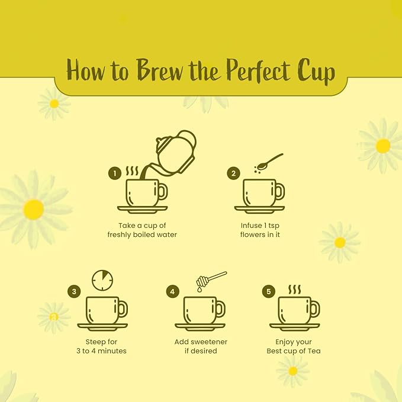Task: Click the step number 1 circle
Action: tap(115, 173)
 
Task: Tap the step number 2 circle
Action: tap(233, 173)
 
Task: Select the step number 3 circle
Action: tap(74, 291)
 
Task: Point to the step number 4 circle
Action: tap(172, 291)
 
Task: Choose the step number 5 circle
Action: tap(269, 291)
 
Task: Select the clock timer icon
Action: tap(102, 280)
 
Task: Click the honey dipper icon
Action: tap(211, 281)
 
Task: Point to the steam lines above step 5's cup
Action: tap(294, 290)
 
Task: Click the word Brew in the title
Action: tap(160, 69)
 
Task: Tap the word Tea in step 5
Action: tap(314, 350)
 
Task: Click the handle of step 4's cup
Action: tap(221, 308)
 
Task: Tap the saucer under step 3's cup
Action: tap(102, 327)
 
